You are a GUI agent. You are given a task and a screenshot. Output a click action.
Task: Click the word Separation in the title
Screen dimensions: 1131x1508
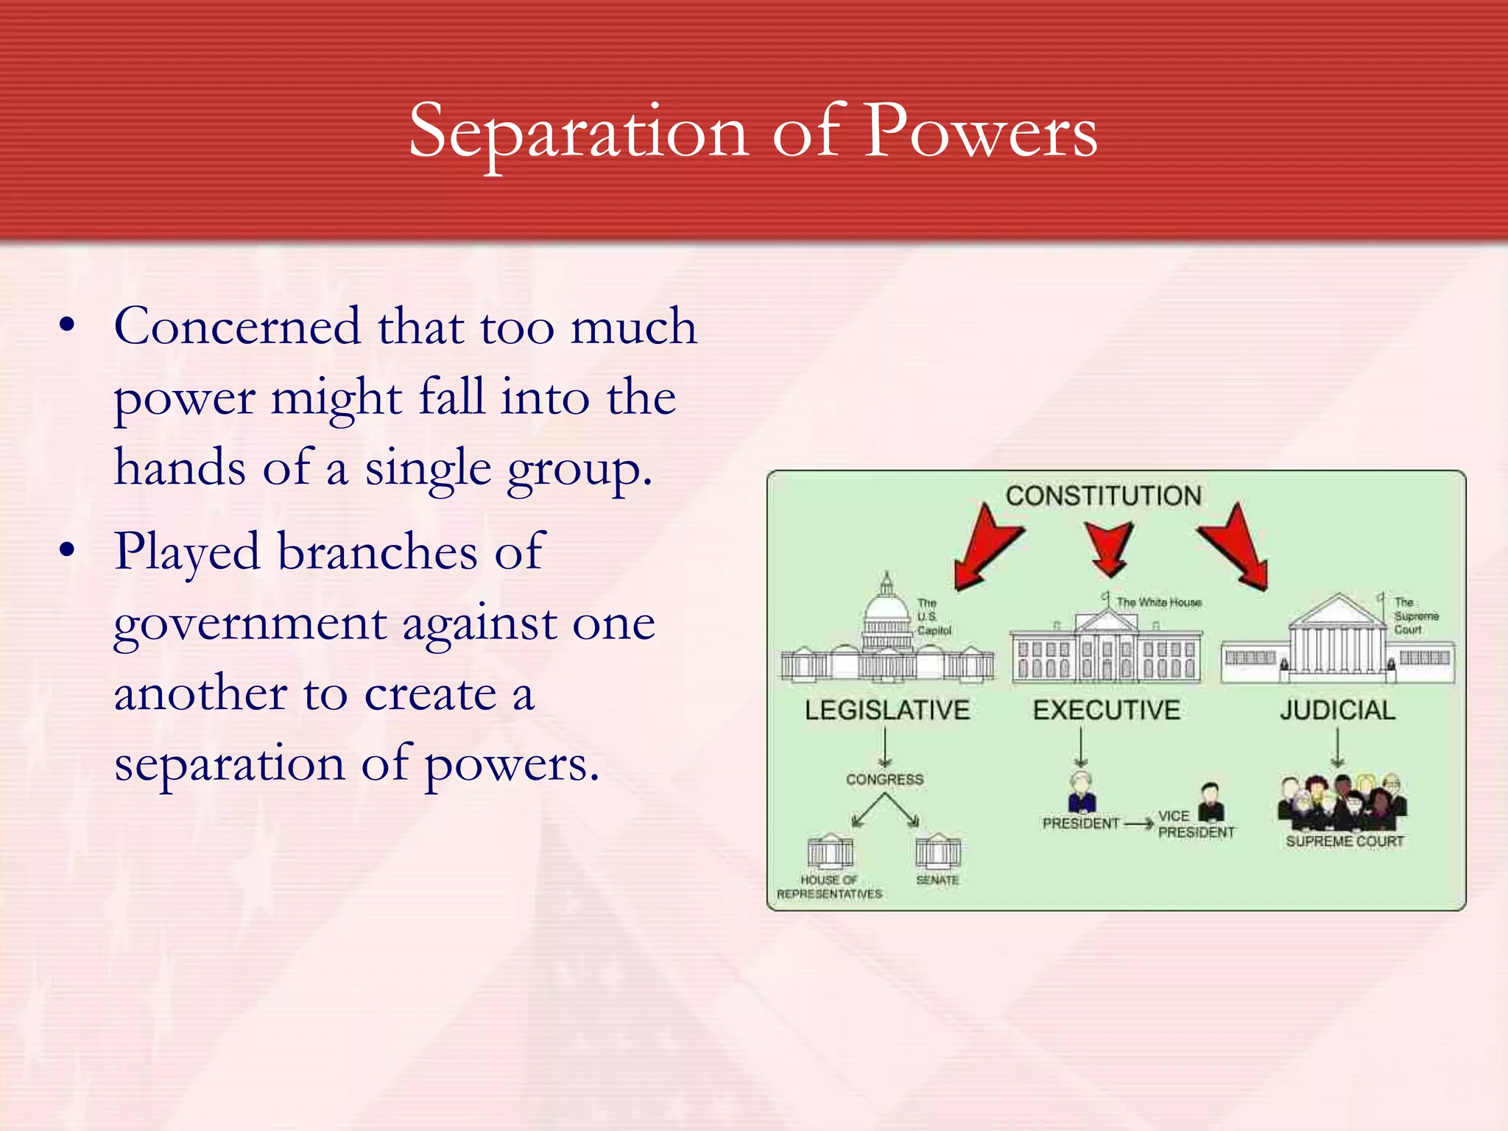coord(578,133)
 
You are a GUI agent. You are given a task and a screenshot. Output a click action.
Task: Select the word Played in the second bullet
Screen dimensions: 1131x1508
coord(187,552)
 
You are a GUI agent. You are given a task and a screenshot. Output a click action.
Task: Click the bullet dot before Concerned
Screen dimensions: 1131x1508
coord(68,326)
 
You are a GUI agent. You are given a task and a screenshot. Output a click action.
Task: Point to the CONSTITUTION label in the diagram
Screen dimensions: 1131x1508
coord(1103,496)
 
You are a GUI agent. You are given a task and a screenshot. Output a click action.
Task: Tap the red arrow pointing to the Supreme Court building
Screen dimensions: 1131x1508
coord(1237,549)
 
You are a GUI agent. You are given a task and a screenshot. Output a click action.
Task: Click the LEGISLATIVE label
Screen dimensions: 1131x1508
coord(887,711)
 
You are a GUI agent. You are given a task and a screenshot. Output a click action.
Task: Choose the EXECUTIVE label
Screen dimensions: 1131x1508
coord(1106,711)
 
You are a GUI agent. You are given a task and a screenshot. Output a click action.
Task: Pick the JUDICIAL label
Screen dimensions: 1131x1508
coord(1337,711)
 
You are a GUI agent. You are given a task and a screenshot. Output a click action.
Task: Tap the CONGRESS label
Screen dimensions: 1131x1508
coord(884,780)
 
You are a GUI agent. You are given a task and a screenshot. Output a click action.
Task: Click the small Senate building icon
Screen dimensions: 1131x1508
coord(937,852)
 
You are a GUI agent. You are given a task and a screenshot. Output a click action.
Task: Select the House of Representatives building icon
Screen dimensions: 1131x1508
coord(830,853)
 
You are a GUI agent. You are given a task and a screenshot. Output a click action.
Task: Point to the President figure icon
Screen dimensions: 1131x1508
coord(1081,792)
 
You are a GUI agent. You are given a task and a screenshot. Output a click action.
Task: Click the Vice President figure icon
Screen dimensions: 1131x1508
coord(1211,802)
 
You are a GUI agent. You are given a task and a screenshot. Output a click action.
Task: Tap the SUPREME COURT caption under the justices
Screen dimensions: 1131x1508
coord(1345,842)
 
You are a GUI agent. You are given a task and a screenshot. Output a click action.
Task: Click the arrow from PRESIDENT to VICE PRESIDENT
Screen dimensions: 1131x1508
coord(1138,824)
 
